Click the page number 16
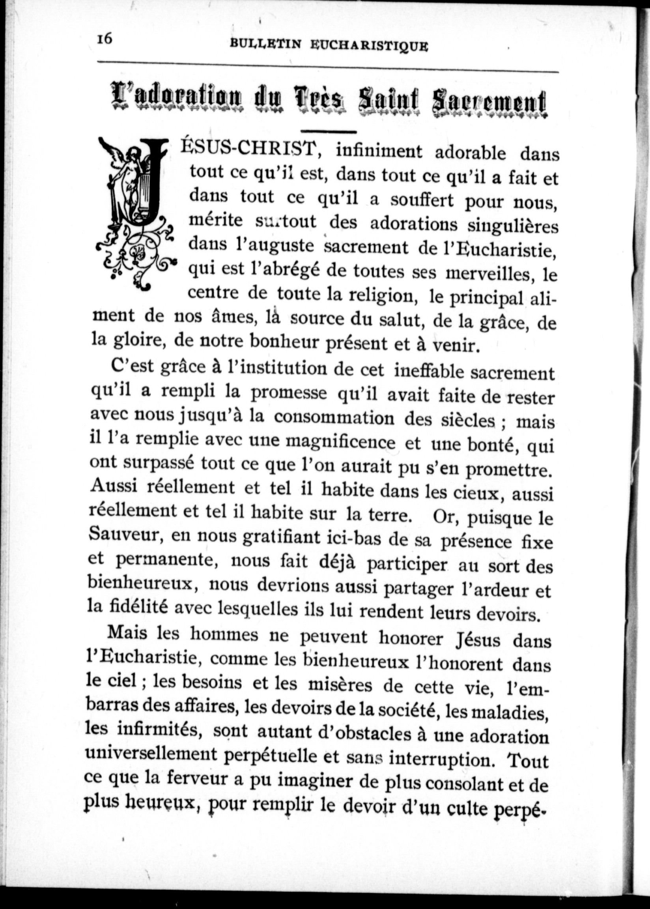pos(105,40)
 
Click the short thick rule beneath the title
pos(329,131)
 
